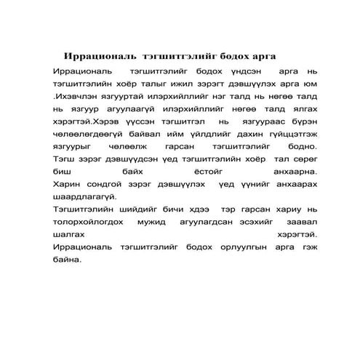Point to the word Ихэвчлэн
[77, 99]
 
